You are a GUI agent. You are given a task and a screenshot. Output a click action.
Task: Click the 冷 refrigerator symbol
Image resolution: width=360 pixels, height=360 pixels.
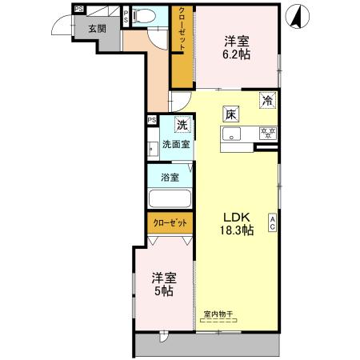pos(268,101)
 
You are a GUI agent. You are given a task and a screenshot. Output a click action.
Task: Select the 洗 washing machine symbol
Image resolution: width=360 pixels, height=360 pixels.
pos(182,125)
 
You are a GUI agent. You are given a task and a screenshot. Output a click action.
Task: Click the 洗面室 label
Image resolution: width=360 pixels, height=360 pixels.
pos(176,145)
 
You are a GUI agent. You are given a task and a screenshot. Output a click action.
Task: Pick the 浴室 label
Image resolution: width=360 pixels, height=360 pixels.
pos(169,178)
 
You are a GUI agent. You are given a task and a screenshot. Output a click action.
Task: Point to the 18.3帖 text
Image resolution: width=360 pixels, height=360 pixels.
pos(237,230)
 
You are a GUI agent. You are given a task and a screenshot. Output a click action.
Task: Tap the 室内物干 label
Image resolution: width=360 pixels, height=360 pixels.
pos(218,314)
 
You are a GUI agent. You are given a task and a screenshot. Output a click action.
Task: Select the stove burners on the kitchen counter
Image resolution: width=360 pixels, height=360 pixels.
pos(268,134)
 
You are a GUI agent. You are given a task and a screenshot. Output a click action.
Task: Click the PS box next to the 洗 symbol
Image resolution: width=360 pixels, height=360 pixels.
pos(152,121)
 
